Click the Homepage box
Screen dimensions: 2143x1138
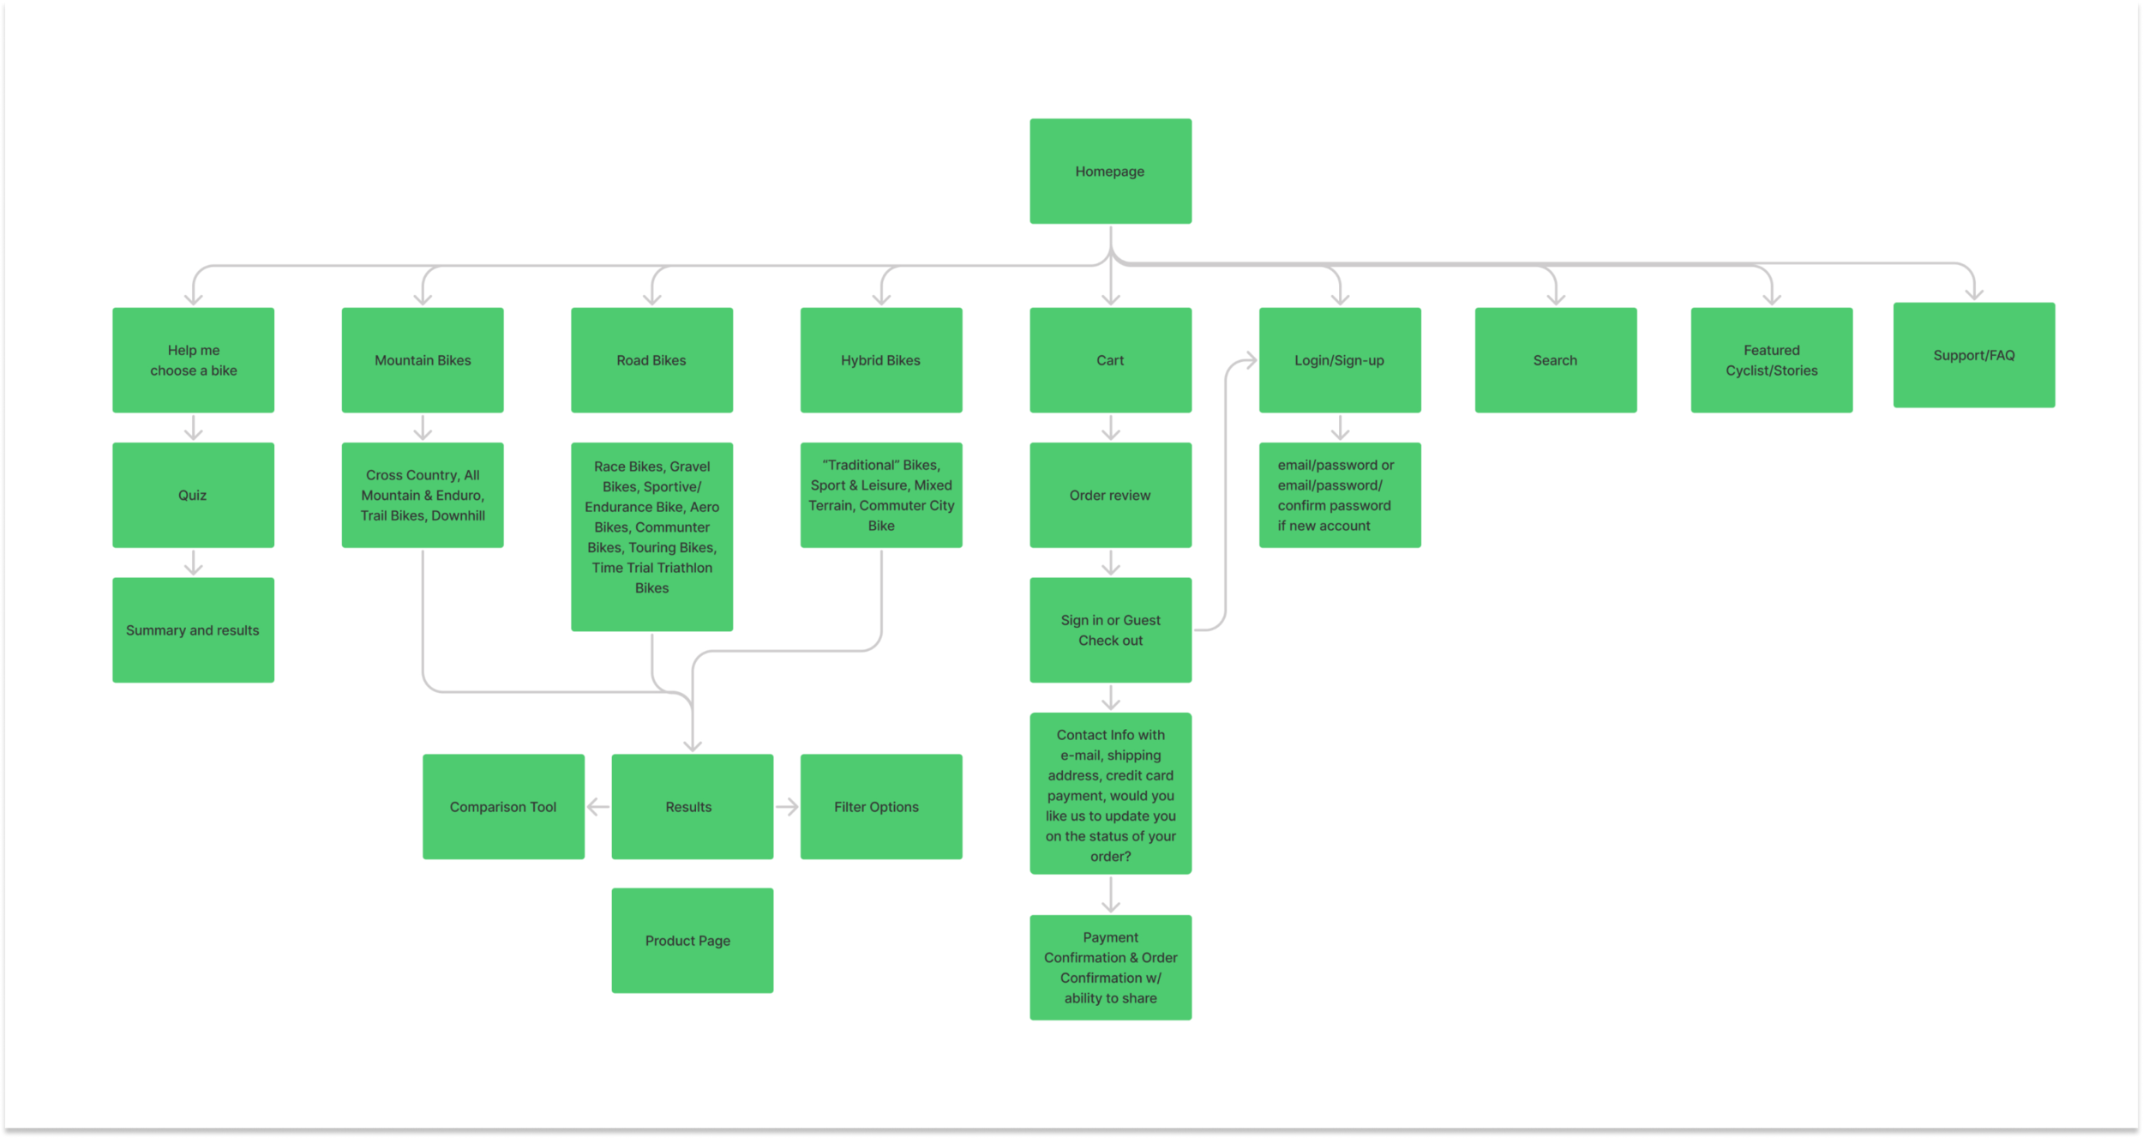1110,172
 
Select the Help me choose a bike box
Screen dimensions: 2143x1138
193,360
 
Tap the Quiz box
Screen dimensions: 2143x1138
193,495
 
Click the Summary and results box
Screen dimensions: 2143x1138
193,630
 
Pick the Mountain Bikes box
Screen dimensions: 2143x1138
423,360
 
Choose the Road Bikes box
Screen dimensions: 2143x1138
651,360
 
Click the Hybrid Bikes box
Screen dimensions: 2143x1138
881,360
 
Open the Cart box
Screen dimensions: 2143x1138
1110,360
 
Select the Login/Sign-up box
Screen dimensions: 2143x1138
1340,360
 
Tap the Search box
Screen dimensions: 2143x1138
1556,360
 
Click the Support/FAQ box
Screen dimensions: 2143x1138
1974,355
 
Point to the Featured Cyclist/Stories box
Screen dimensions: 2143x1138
1772,360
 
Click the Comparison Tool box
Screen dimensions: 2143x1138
503,807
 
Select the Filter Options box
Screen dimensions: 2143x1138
881,807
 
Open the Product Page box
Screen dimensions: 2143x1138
693,941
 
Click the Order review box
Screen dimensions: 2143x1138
1110,495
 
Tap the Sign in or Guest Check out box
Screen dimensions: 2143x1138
1110,630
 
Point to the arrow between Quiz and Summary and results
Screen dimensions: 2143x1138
194,563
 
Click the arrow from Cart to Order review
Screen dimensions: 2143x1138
1111,428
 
